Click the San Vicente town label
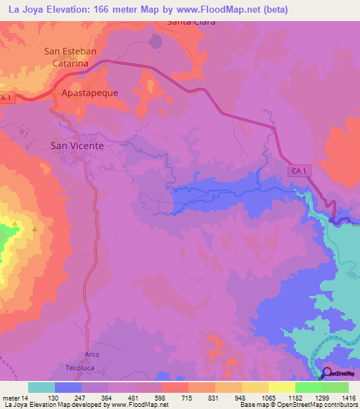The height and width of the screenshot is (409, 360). click(77, 145)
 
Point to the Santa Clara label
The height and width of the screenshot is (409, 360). click(190, 22)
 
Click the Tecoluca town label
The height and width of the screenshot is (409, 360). click(79, 368)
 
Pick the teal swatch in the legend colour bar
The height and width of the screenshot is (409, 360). click(41, 387)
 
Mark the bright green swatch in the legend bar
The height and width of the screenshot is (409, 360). click(309, 387)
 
